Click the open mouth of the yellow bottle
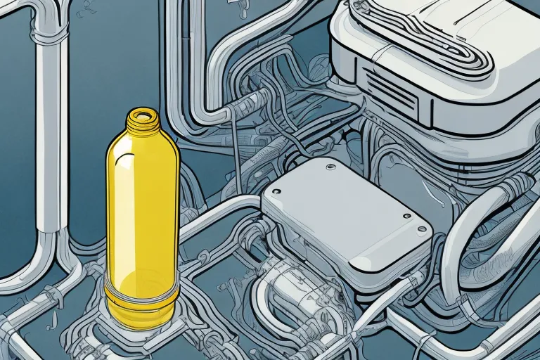(x=144, y=113)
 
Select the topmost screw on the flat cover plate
(x=328, y=167)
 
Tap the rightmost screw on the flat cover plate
(x=422, y=229)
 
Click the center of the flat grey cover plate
(x=345, y=211)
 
